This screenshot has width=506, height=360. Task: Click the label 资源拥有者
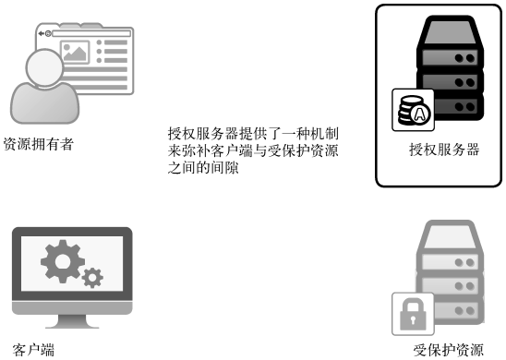point(38,143)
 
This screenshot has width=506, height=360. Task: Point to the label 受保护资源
point(448,350)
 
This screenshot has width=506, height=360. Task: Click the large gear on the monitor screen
point(64,261)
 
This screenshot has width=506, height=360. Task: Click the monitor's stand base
point(71,324)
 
